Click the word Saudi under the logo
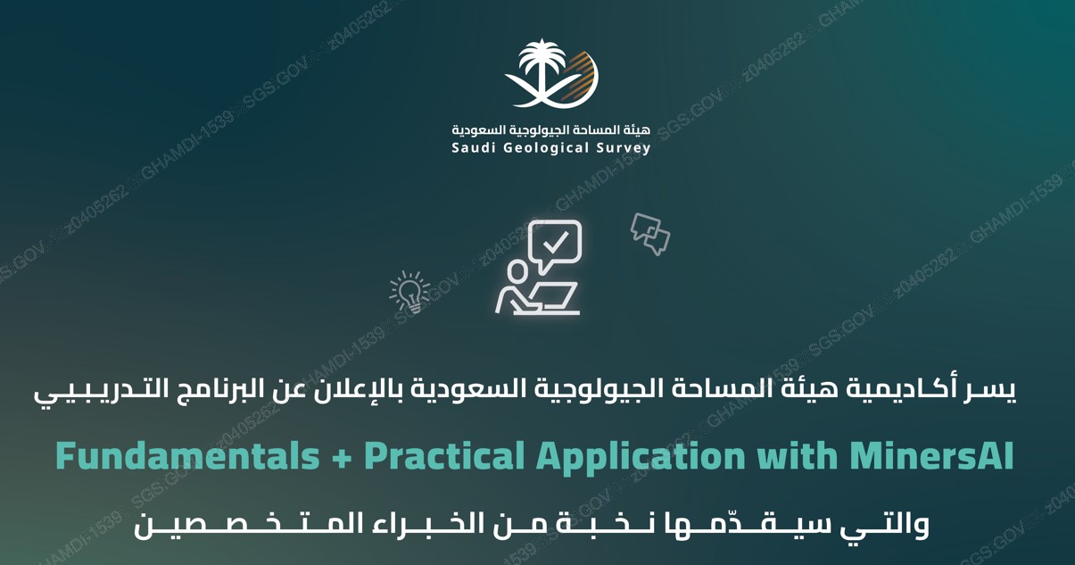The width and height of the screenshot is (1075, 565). [472, 148]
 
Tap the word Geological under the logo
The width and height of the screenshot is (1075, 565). [545, 148]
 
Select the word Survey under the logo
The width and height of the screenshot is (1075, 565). [625, 148]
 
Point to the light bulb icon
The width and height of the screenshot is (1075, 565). [409, 292]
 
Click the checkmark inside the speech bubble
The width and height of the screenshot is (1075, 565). [556, 241]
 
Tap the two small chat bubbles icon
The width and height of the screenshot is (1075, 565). [650, 233]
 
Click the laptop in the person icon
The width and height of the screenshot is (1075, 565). [556, 298]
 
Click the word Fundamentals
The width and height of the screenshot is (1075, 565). [186, 457]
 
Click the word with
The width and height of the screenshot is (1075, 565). [793, 457]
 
